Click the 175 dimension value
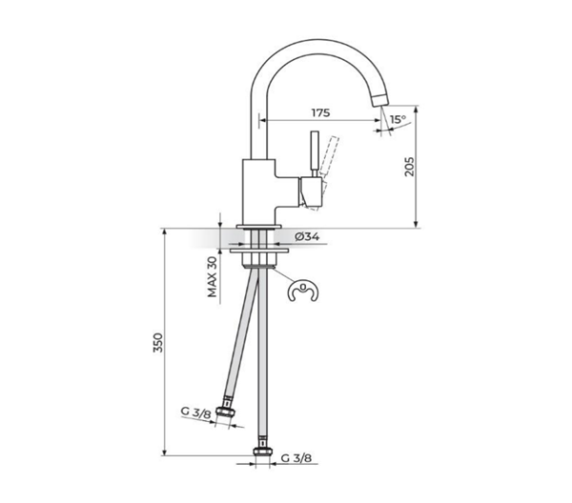coord(320,112)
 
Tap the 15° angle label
coord(398,119)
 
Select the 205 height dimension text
coord(410,167)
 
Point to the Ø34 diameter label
coord(307,237)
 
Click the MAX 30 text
coord(213,276)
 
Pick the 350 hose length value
coord(157,342)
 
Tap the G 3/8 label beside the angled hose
coord(195,412)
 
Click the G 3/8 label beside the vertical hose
coord(296,458)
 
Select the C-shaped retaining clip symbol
coord(303,292)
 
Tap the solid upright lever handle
coord(314,151)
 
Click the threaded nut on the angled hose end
coord(225,412)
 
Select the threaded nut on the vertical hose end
coord(263,452)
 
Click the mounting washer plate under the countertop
coord(259,251)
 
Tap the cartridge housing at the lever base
coord(311,191)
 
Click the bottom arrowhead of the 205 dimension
coord(416,224)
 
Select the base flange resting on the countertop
coord(259,227)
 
